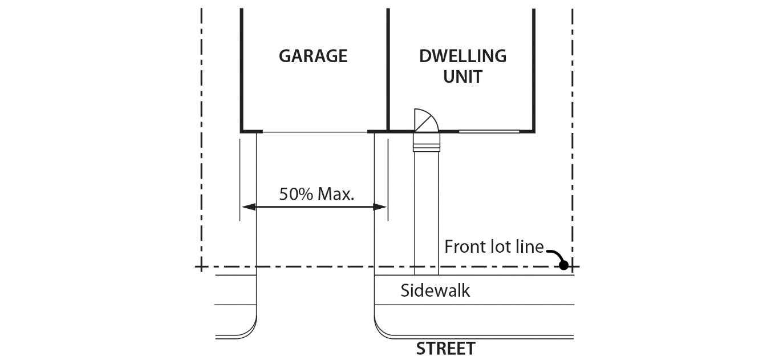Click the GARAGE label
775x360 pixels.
pyautogui.click(x=313, y=56)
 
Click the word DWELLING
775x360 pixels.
pyautogui.click(x=462, y=56)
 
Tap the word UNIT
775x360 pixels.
pyautogui.click(x=462, y=76)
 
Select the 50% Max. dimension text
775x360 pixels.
pyautogui.click(x=317, y=194)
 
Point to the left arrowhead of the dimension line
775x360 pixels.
pyautogui.click(x=247, y=207)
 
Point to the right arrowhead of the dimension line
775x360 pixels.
pyautogui.click(x=380, y=207)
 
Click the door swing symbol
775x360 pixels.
pyautogui.click(x=425, y=120)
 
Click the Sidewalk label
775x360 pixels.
pyautogui.click(x=435, y=290)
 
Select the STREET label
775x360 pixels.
pyautogui.click(x=445, y=349)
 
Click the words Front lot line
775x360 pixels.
pyautogui.click(x=494, y=247)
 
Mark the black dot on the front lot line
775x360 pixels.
pyautogui.click(x=563, y=265)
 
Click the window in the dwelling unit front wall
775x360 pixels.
pyautogui.click(x=489, y=132)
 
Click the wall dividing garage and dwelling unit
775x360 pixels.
pyautogui.click(x=388, y=68)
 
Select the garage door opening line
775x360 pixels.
pyautogui.click(x=315, y=132)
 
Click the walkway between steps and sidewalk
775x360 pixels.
pyautogui.click(x=427, y=211)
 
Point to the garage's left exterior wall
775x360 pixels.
pyautogui.click(x=242, y=68)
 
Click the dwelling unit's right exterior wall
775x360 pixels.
pyautogui.click(x=534, y=68)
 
